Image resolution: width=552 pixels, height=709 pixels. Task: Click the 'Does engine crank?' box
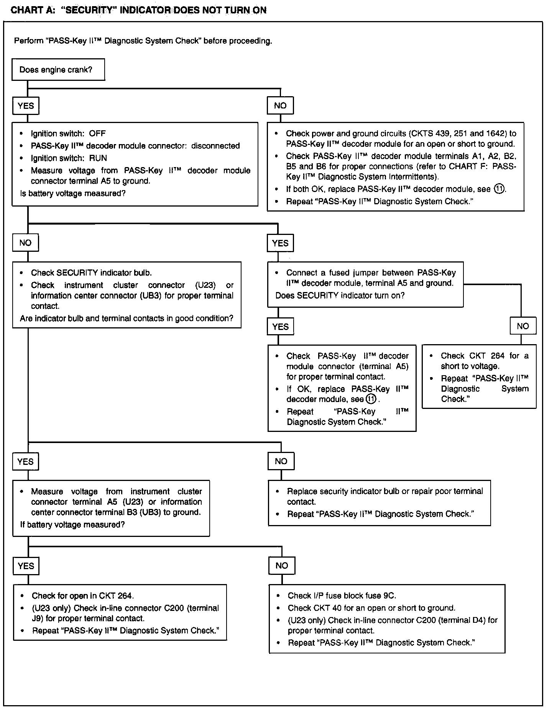coord(58,69)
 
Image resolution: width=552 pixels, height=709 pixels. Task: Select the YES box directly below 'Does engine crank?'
coord(26,106)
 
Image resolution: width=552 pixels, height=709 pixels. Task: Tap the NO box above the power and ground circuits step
coord(280,106)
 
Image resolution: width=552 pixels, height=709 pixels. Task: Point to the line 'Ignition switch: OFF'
coord(68,134)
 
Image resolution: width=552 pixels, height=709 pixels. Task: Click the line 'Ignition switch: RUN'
coord(69,158)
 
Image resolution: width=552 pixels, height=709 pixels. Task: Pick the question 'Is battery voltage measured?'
coord(73,194)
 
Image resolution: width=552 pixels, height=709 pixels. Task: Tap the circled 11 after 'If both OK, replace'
coord(499,189)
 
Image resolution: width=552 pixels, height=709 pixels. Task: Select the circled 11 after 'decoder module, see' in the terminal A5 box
coord(371,399)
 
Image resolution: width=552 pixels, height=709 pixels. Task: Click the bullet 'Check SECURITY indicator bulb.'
coord(91,273)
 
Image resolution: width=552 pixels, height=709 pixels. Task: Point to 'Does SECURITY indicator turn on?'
coord(340,295)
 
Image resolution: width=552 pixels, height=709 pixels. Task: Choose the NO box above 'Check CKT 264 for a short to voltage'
coord(523,326)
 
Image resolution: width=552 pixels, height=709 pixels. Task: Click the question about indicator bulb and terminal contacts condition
coord(127,318)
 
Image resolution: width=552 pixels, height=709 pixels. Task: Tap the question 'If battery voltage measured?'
coord(72,525)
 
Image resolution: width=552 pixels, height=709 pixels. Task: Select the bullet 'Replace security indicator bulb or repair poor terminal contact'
coord(385,496)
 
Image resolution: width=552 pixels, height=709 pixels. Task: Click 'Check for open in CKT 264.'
coord(83,596)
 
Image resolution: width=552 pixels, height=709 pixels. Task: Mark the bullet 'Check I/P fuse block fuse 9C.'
coord(342,596)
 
